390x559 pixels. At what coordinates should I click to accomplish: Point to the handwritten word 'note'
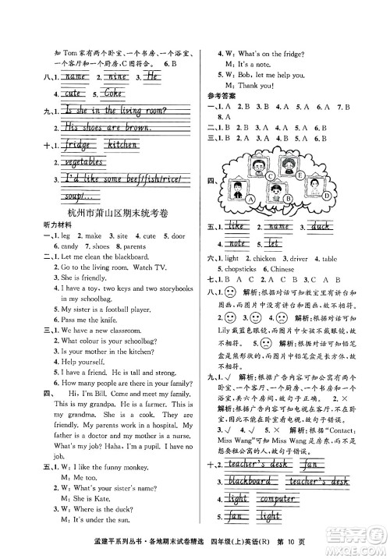239,243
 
